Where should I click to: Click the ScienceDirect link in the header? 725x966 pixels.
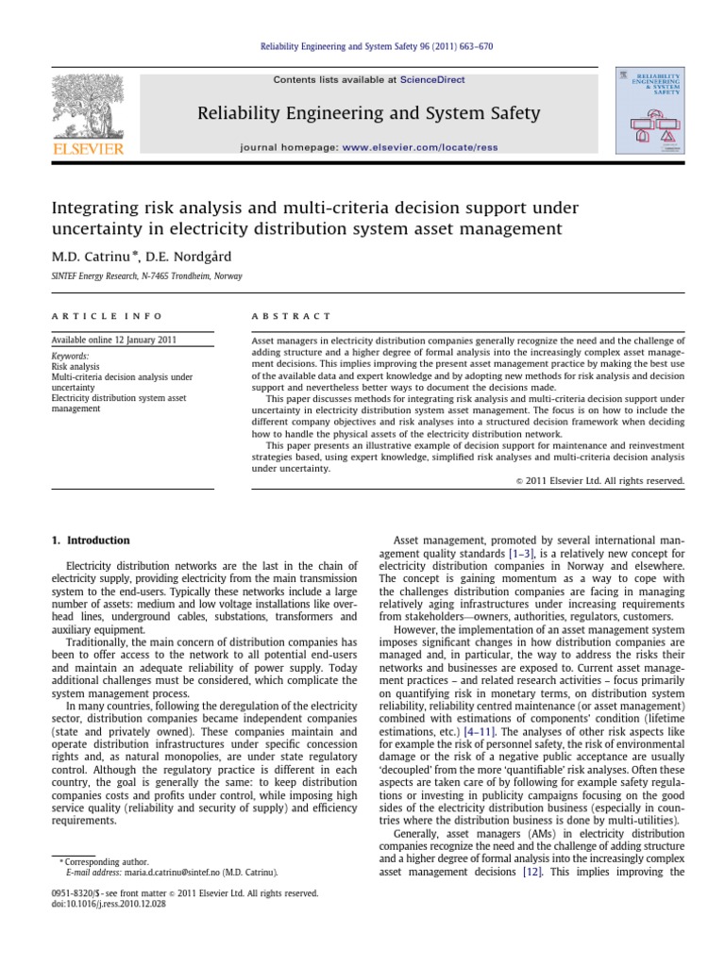tap(432, 80)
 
